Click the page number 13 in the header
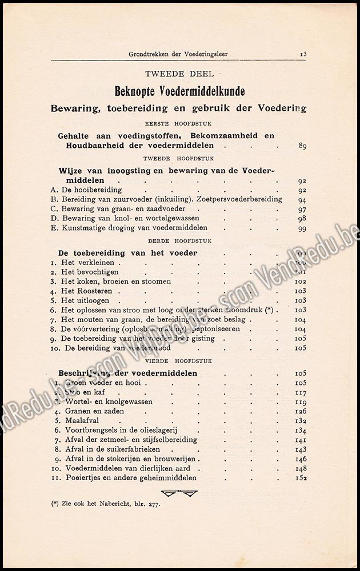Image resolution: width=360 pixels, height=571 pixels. coord(303,54)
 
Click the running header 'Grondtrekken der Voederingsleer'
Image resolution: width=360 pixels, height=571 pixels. coord(178,55)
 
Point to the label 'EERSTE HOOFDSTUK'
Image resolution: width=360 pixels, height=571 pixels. coord(178,123)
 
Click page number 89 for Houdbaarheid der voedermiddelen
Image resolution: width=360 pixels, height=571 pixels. coord(302,146)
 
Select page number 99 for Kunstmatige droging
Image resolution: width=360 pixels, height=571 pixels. coord(302,228)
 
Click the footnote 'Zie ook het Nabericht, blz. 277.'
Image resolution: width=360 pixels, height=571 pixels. coord(106,504)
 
